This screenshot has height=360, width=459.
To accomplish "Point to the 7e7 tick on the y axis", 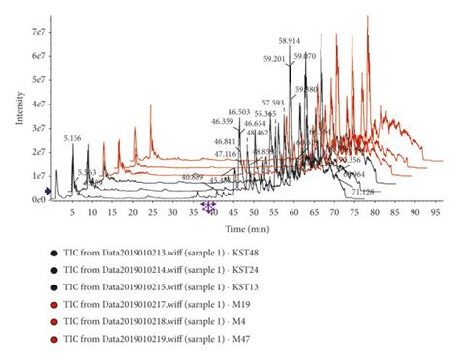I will (37, 33).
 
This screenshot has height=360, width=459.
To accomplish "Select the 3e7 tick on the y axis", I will (37, 128).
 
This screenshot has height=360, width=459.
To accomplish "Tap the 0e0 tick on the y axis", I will (37, 199).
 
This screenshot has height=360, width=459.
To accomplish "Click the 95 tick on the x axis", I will (437, 210).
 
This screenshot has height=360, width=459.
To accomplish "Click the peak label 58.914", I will (290, 41).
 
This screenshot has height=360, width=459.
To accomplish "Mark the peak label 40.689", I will (193, 177).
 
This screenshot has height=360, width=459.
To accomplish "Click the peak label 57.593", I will (273, 103).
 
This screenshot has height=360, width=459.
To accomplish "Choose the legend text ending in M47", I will (161, 339).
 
